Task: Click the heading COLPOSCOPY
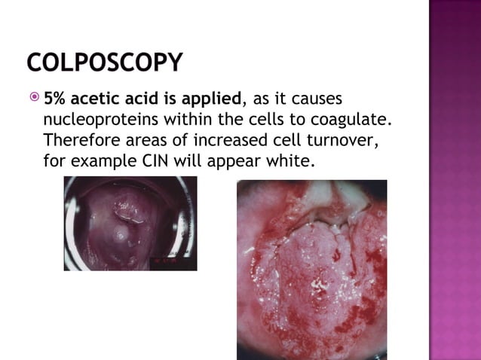pyautogui.click(x=104, y=63)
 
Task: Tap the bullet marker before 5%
pyautogui.click(x=33, y=99)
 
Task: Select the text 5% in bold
pyautogui.click(x=55, y=99)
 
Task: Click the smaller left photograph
pyautogui.click(x=130, y=223)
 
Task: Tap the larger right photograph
pyautogui.click(x=311, y=269)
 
